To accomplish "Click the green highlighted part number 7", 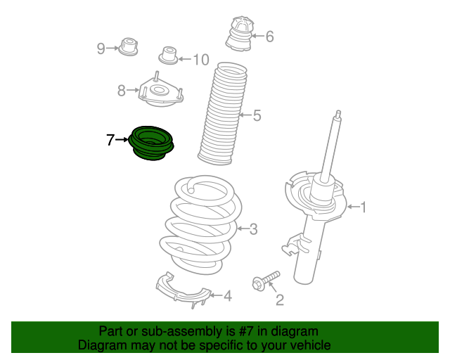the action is coord(151,143).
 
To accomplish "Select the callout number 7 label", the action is coord(110,140).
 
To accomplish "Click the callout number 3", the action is coord(253,229).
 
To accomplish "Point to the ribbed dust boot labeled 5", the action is coord(222,113).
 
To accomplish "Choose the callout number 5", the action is coord(257,115).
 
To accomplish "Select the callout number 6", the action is coord(269,37).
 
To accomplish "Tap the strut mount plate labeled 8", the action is coord(160,91).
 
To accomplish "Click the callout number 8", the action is coord(122,91).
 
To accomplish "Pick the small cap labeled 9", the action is coord(128,46).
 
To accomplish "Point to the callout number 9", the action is coord(101,49).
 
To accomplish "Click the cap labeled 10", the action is coord(169,56).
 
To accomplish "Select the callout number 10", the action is coord(201,60).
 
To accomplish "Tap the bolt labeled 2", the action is coord(266,281).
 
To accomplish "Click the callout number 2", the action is coord(280,300).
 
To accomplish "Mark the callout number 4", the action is coord(228,296).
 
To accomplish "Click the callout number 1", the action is coord(364,207).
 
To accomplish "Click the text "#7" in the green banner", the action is coord(245,332).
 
